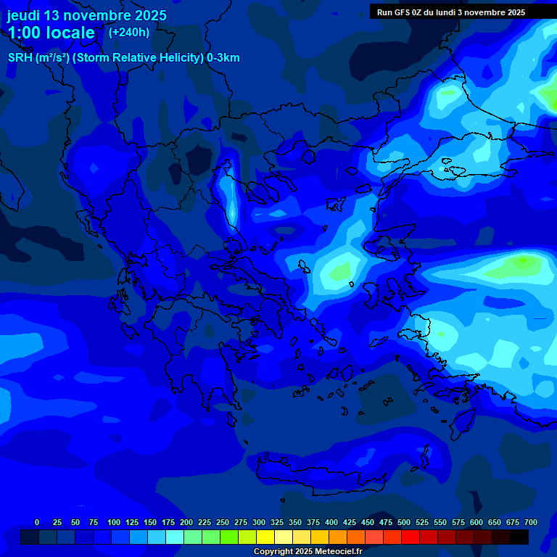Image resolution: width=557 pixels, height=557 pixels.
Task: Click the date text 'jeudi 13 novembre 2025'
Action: click(x=86, y=15)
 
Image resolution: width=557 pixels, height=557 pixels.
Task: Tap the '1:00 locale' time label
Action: click(x=51, y=33)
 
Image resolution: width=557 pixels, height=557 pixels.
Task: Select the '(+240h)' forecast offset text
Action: click(x=129, y=33)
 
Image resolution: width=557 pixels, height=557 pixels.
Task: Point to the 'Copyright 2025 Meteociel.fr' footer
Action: click(x=308, y=551)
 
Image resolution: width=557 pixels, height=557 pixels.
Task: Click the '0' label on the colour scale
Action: click(x=37, y=522)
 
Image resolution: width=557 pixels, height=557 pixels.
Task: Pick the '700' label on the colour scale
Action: click(x=530, y=522)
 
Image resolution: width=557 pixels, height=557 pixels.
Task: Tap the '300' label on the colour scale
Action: click(x=259, y=522)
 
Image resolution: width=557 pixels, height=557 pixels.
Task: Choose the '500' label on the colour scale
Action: click(x=404, y=522)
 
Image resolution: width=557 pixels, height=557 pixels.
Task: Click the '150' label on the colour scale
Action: click(x=150, y=522)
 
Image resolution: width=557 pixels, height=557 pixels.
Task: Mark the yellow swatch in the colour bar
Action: click(x=265, y=537)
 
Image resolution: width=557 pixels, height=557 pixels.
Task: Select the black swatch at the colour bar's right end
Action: click(x=519, y=537)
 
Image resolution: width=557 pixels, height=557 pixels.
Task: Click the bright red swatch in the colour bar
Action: click(x=410, y=537)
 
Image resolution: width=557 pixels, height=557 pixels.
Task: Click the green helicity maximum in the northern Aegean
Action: click(x=337, y=272)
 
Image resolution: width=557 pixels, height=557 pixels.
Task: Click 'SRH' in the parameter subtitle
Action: click(x=20, y=58)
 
